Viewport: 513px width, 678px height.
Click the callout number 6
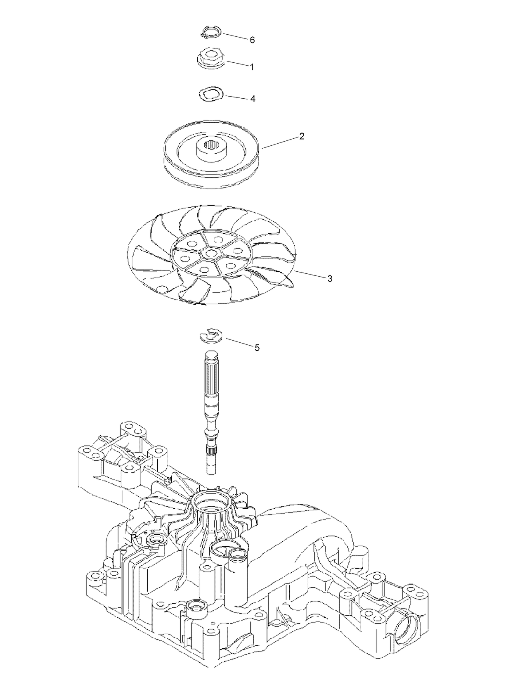click(252, 40)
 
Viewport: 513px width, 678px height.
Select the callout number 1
click(252, 67)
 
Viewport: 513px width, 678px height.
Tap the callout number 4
click(253, 99)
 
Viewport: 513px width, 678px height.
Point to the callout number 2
click(302, 136)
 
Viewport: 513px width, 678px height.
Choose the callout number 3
click(330, 279)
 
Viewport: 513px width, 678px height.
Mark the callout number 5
click(257, 348)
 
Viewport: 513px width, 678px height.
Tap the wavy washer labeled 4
click(211, 93)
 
